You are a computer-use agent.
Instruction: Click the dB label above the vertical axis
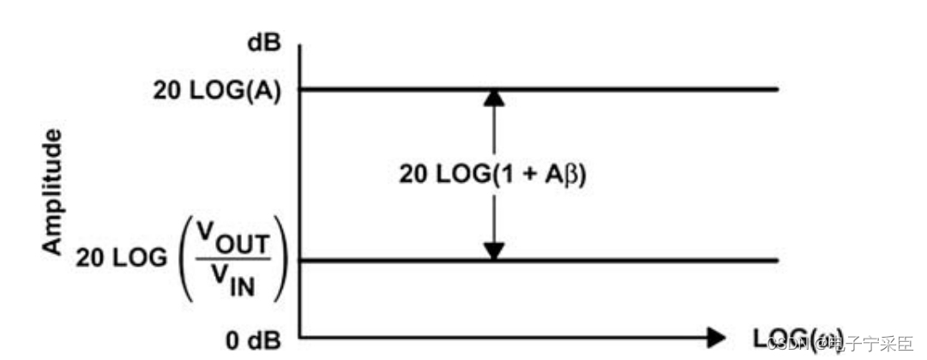(264, 44)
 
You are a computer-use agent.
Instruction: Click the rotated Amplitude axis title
(53, 192)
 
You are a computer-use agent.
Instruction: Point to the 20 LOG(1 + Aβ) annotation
(491, 175)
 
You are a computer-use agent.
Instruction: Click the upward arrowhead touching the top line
(493, 99)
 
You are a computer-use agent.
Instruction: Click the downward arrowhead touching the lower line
(493, 250)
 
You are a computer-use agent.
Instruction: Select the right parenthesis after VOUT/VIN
(282, 260)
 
